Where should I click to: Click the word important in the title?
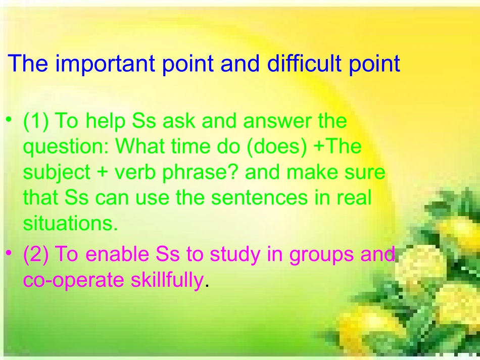[x=105, y=64]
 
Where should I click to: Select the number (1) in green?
[x=36, y=121]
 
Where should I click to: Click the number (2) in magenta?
[x=36, y=254]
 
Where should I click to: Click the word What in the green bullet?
[x=140, y=146]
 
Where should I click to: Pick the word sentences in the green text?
[x=259, y=198]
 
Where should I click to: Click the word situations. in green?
[x=70, y=223]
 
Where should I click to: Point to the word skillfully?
[x=167, y=280]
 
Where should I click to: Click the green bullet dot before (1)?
[x=9, y=119]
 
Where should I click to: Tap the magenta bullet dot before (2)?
[x=9, y=252]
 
